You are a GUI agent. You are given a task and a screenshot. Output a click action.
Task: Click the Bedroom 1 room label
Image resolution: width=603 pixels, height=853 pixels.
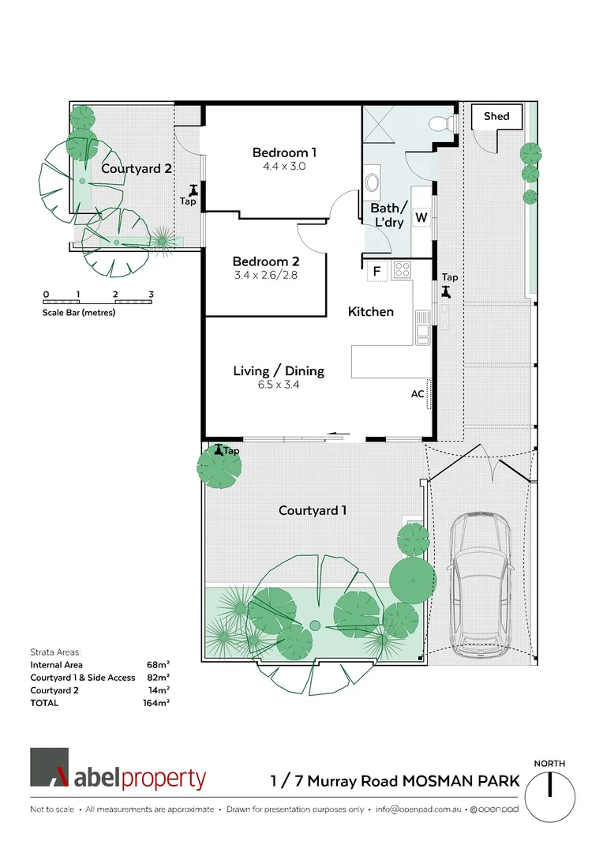pos(284,152)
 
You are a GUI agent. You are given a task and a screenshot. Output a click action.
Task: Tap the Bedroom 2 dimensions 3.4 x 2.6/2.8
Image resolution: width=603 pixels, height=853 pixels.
pos(265,276)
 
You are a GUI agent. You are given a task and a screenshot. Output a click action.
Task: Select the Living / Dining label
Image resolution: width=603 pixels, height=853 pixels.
pos(279,370)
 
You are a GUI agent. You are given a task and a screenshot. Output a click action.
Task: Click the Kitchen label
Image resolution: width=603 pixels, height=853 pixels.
pos(370,312)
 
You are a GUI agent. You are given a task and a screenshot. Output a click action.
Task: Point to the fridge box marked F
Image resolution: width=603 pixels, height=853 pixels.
pos(377,272)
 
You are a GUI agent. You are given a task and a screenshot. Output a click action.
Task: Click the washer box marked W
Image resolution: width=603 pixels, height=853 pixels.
pos(421,217)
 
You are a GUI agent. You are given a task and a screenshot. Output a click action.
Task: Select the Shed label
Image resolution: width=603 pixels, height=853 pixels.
pos(496,116)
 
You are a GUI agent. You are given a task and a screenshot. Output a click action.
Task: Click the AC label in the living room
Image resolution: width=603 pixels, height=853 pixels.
pos(418,393)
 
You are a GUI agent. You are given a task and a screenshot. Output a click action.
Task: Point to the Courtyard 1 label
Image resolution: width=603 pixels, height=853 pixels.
pos(313,510)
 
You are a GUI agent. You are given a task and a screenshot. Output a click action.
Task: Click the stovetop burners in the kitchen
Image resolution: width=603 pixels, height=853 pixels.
pos(401,270)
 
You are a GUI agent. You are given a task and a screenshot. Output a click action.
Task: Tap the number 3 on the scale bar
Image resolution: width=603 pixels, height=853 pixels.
pos(150,295)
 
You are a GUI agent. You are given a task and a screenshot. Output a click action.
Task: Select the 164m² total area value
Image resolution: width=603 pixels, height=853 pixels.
pos(158,702)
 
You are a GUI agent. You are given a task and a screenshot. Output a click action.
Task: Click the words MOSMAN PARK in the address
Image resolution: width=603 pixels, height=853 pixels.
pos(461,781)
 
